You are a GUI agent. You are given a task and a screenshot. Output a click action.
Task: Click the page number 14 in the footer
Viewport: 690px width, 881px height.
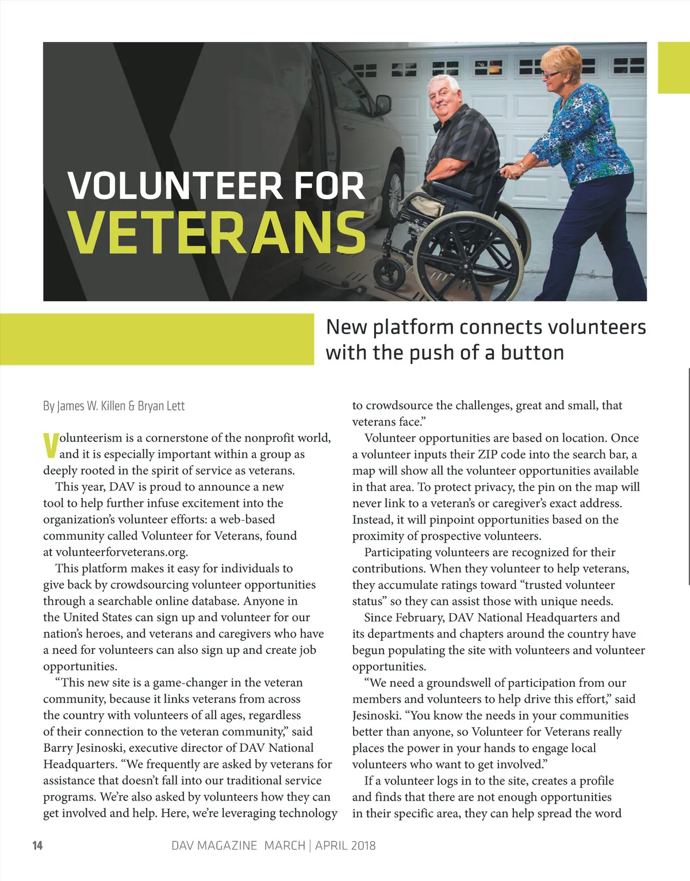[37, 845]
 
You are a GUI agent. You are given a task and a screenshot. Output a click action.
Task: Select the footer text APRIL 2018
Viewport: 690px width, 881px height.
[345, 845]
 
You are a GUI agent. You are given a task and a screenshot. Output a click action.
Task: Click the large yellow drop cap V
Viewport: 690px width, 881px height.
[51, 446]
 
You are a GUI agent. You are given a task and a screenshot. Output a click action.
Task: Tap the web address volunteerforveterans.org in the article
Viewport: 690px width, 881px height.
[121, 552]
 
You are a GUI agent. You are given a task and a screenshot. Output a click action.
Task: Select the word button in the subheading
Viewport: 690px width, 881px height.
[532, 352]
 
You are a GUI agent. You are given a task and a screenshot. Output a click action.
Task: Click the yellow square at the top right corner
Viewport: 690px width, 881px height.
[673, 67]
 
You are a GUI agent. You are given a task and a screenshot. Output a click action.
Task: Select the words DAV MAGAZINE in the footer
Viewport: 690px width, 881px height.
[214, 845]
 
